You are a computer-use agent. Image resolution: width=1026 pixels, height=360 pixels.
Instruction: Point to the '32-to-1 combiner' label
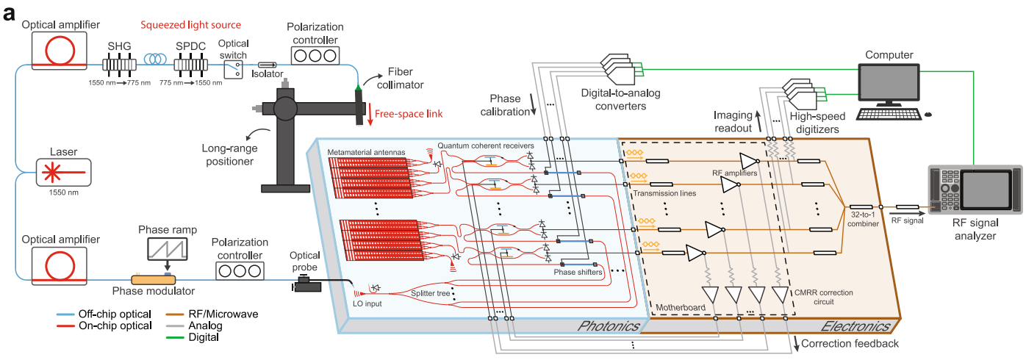864,220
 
